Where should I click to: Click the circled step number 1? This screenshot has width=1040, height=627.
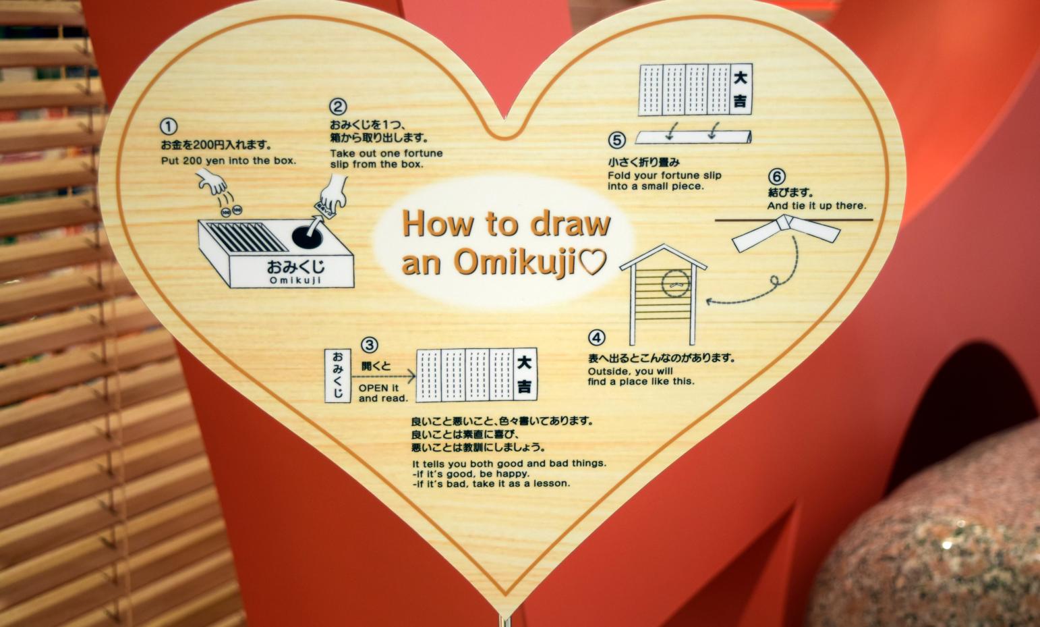click(x=169, y=127)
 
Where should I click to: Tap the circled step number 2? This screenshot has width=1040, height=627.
click(x=338, y=107)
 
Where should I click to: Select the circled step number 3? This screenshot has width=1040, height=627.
click(x=370, y=345)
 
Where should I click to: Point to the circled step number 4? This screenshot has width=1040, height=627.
click(x=597, y=337)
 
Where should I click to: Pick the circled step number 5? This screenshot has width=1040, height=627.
click(x=616, y=140)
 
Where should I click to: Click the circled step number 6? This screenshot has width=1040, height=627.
click(x=777, y=177)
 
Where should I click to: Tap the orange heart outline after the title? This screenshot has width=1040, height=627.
click(x=591, y=261)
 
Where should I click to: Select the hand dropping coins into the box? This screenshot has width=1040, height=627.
click(x=212, y=182)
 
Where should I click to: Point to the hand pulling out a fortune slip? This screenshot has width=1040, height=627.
click(x=333, y=193)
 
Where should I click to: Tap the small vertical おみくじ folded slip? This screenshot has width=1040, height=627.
click(x=338, y=376)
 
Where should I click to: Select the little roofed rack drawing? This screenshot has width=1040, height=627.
click(x=664, y=294)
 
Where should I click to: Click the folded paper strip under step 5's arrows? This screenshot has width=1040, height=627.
click(x=693, y=137)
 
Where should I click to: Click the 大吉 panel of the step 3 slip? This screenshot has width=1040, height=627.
click(x=525, y=375)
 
